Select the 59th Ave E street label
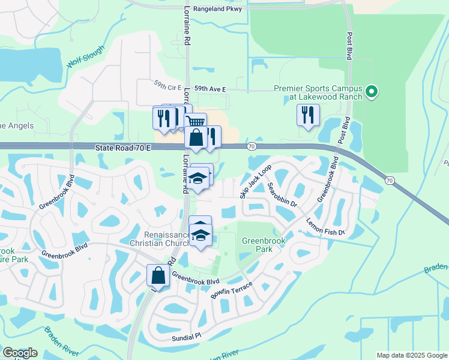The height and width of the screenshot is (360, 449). (207, 89)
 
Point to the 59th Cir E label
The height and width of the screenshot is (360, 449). (167, 87)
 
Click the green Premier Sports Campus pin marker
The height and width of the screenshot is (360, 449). (372, 92)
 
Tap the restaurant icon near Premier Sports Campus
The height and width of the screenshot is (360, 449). (308, 115)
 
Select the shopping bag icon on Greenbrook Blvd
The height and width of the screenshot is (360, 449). (158, 275)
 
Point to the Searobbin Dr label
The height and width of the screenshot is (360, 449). (282, 194)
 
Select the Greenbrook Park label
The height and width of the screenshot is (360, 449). (262, 245)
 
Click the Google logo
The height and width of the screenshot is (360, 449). (20, 352)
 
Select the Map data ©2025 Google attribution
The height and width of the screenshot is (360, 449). (411, 355)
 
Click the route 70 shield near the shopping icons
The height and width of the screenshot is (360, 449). (252, 146)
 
